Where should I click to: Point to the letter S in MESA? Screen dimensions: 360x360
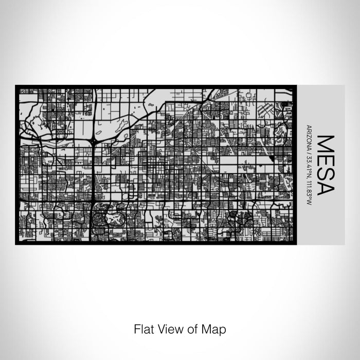327,173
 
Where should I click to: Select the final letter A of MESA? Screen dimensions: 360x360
327,187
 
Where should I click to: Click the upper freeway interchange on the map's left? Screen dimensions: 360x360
94,140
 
